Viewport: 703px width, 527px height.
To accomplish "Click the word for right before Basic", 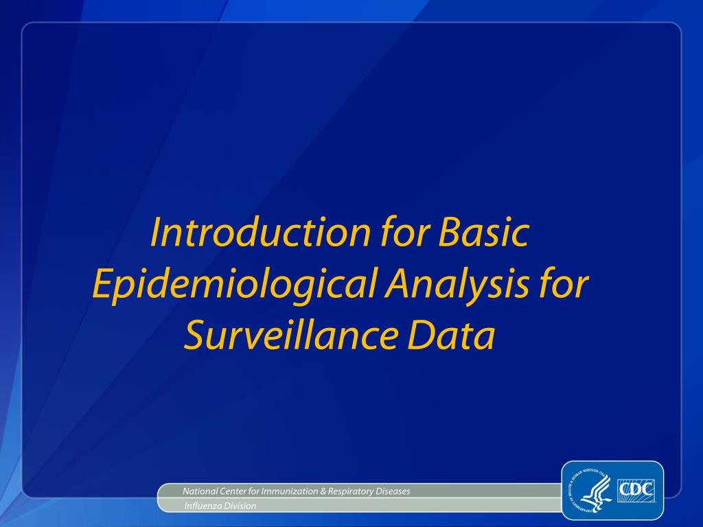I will pos(404,233).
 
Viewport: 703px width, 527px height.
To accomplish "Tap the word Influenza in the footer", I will pos(198,506).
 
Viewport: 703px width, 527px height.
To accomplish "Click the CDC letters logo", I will pos(636,491).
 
